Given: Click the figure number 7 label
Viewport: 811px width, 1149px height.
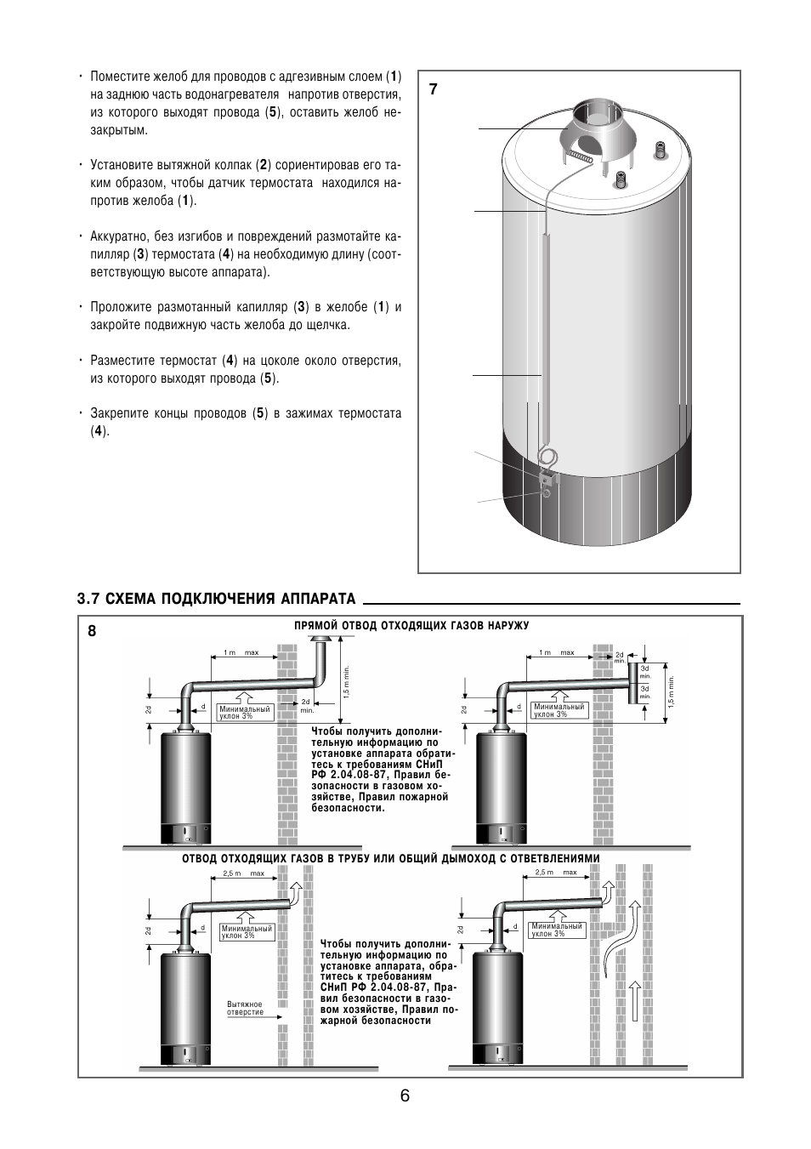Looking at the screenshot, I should tap(433, 88).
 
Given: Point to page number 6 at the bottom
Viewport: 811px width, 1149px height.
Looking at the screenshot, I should tap(405, 1095).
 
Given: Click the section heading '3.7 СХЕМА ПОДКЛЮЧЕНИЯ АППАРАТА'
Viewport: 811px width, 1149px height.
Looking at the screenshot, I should tap(216, 599).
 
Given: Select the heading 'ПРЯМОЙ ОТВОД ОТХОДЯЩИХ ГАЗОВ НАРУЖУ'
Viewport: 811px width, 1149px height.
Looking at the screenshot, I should tap(411, 626).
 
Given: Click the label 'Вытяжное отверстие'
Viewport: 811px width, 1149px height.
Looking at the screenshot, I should tap(246, 1009).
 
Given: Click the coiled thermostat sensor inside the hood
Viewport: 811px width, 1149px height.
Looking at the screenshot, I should tap(581, 157).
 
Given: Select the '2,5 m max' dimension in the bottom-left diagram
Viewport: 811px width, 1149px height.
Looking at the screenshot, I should tap(244, 873).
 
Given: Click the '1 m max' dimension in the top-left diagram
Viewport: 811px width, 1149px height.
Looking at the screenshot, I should tap(241, 653).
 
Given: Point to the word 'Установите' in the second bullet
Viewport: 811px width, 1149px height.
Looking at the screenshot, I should tap(122, 165).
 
